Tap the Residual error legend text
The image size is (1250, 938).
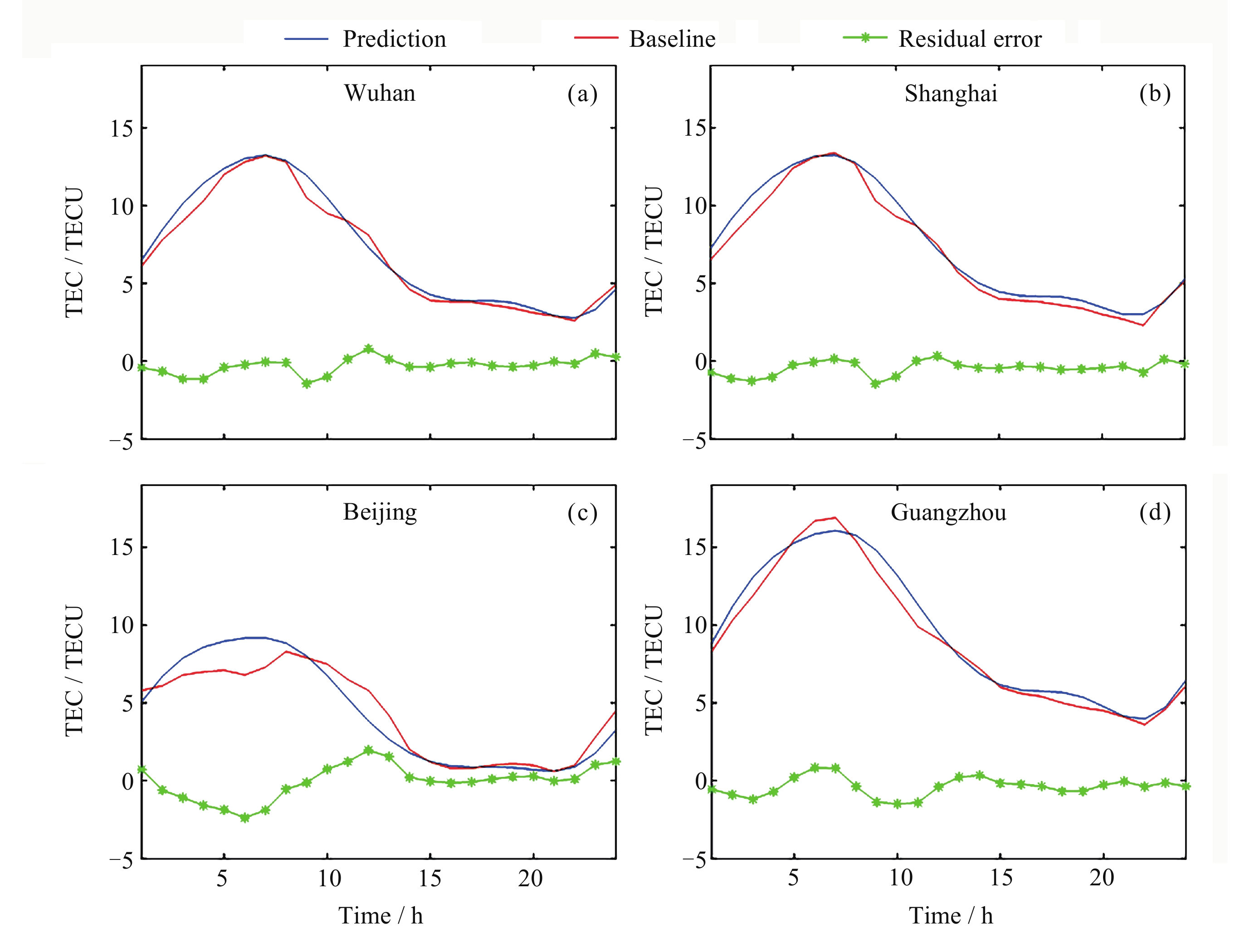pyautogui.click(x=970, y=39)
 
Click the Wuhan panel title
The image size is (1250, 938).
pyautogui.click(x=380, y=93)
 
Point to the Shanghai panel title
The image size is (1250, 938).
pyautogui.click(x=951, y=93)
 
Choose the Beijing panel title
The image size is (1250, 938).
pyautogui.click(x=380, y=512)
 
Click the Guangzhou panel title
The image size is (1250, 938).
pyautogui.click(x=948, y=513)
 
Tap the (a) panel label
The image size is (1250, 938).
pyautogui.click(x=582, y=94)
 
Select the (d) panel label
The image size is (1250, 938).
pyautogui.click(x=1154, y=512)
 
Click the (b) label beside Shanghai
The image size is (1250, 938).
pyautogui.click(x=1154, y=93)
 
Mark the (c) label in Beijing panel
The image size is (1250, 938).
pyautogui.click(x=582, y=513)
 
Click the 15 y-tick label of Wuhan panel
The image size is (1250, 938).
pyautogui.click(x=122, y=129)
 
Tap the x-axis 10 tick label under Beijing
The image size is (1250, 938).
pyautogui.click(x=329, y=878)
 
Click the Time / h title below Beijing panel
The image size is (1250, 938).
pyautogui.click(x=381, y=915)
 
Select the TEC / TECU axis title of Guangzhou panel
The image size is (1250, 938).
pyautogui.click(x=653, y=670)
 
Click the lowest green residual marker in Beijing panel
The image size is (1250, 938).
pyautogui.click(x=244, y=818)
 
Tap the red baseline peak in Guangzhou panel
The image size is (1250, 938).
pyautogui.click(x=835, y=518)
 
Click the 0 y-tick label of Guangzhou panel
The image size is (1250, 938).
pyautogui.click(x=701, y=781)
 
